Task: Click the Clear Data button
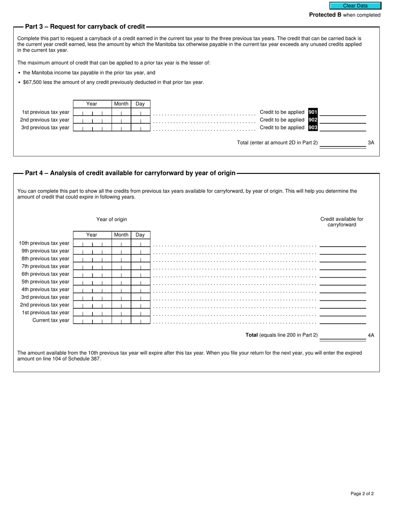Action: point(355,6)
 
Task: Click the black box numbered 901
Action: point(313,112)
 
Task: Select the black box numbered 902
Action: point(313,120)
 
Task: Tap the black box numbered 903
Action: point(313,127)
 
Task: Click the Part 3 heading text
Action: point(85,27)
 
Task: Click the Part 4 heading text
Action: point(130,173)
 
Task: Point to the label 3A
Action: point(371,143)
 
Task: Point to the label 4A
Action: point(371,335)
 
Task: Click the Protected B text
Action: point(325,15)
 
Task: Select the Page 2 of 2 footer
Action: point(362,494)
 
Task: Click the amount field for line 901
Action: point(343,112)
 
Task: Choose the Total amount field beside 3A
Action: point(343,143)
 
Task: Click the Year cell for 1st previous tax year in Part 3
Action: point(92,112)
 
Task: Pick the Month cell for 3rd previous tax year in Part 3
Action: point(121,127)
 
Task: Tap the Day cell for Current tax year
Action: point(140,320)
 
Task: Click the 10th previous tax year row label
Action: point(44,243)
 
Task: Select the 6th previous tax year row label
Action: point(46,274)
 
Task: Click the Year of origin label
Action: point(112,219)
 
